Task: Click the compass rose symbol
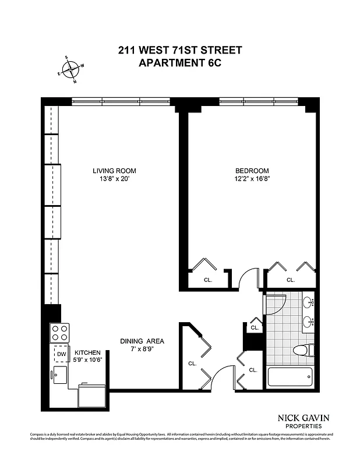(x=70, y=69)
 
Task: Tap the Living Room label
(x=114, y=171)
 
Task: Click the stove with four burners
(x=60, y=333)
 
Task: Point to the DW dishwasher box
(x=61, y=354)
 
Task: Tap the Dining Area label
(x=140, y=341)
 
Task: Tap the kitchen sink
(x=60, y=374)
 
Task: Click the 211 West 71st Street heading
(x=179, y=50)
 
